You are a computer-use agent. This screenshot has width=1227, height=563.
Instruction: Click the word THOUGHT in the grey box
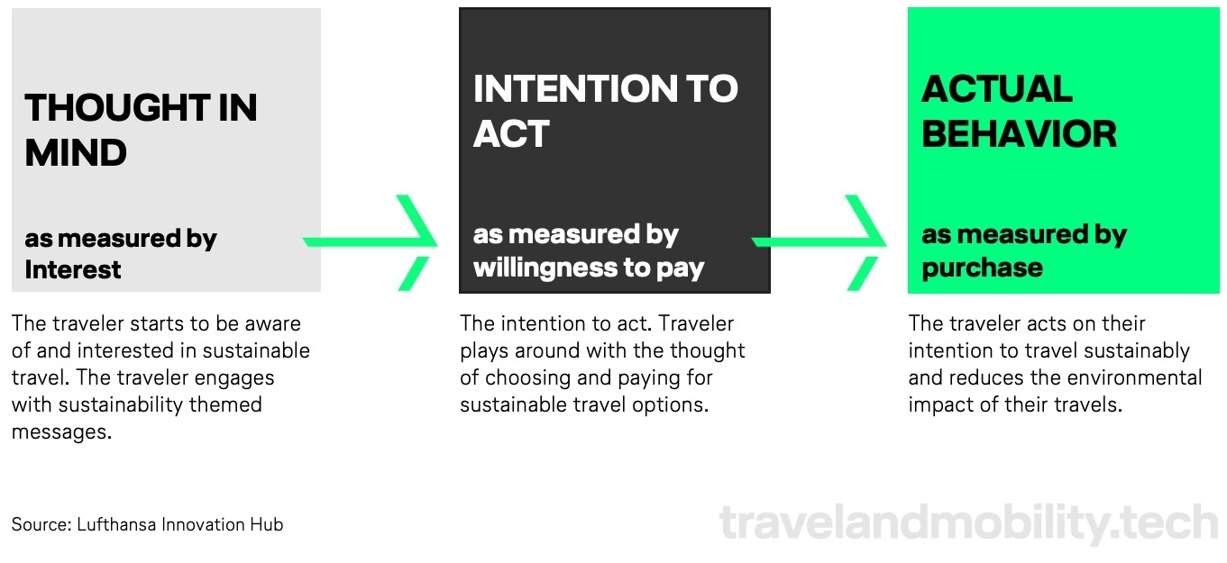click(x=116, y=107)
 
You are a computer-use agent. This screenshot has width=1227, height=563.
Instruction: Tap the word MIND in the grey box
click(x=76, y=152)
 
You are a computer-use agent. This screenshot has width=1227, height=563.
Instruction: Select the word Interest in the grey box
click(x=72, y=269)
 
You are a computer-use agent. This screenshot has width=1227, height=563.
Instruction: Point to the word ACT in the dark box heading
click(x=511, y=133)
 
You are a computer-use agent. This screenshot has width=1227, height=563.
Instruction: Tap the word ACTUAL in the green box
click(x=997, y=88)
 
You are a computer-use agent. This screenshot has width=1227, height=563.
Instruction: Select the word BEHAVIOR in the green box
click(x=1019, y=134)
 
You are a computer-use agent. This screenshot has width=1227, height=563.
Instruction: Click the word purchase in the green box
click(x=982, y=268)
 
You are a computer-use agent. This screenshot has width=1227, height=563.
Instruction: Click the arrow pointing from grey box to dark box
click(x=371, y=241)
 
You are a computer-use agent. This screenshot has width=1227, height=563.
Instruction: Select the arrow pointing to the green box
click(x=820, y=241)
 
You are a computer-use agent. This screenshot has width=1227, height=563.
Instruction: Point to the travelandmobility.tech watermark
click(x=968, y=523)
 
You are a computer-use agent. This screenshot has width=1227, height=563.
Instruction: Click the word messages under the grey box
click(x=61, y=432)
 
